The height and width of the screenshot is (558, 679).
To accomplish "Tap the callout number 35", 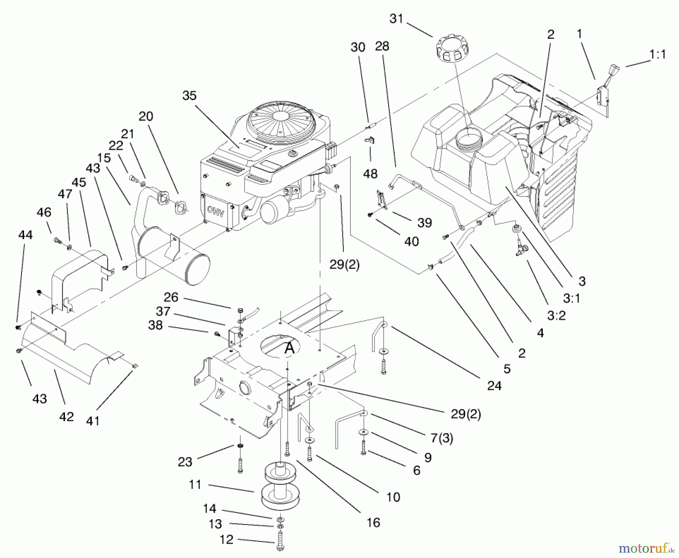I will pyautogui.click(x=189, y=96).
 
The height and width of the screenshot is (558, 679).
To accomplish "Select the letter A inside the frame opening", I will pyautogui.click(x=289, y=348).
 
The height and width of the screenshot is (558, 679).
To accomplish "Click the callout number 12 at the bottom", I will pyautogui.click(x=226, y=540).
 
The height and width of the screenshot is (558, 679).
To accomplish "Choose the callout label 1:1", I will pyautogui.click(x=657, y=55).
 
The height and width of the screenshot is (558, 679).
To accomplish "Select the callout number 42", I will pyautogui.click(x=66, y=417).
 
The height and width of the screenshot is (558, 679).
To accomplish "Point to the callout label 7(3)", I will pyautogui.click(x=442, y=438).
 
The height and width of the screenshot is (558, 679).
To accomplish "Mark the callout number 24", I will pyautogui.click(x=494, y=385).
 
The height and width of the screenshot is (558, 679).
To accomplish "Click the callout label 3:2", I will pyautogui.click(x=556, y=315).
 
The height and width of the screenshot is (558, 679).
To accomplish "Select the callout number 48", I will pyautogui.click(x=370, y=174).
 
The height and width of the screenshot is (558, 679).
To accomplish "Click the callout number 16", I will pyautogui.click(x=373, y=523).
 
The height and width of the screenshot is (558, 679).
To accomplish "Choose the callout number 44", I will pyautogui.click(x=26, y=235).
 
